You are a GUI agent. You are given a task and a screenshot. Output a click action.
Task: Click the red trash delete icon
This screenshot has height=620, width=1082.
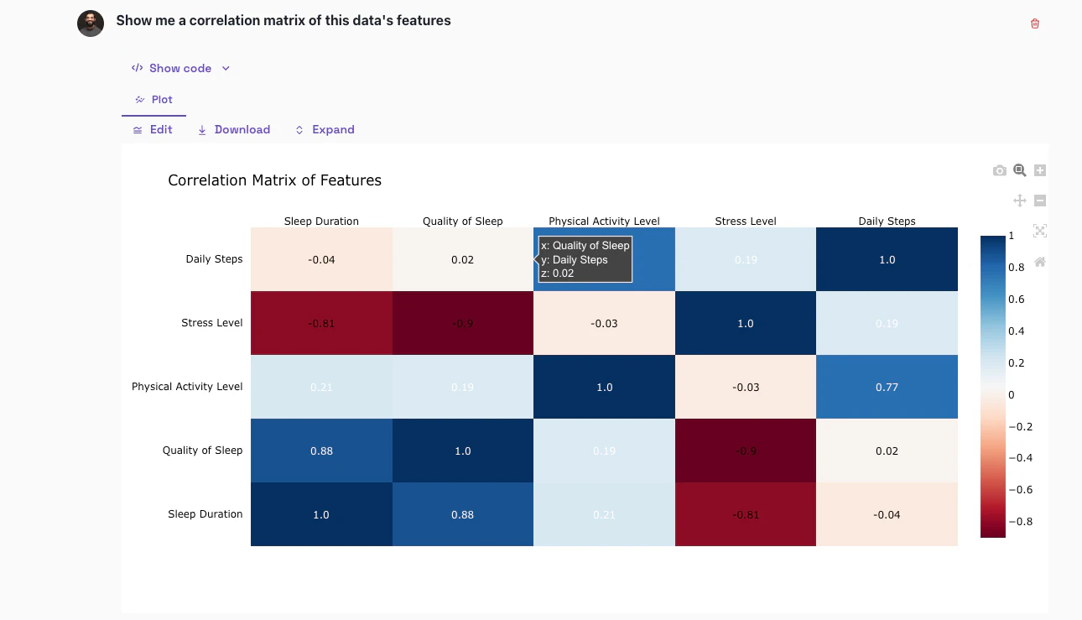[1034, 23]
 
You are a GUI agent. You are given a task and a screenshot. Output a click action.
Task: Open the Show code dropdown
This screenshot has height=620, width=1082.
[179, 68]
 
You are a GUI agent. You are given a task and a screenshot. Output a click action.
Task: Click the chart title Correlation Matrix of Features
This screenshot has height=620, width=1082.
[274, 180]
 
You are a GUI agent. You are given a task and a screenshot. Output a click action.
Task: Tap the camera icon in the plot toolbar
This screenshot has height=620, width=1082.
[999, 171]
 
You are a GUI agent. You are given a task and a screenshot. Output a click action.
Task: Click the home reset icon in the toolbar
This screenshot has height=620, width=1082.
[1040, 262]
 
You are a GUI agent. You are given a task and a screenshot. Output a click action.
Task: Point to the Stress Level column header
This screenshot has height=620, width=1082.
[745, 221]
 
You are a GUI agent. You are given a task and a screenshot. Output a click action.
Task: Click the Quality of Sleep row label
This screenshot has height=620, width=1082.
[202, 451]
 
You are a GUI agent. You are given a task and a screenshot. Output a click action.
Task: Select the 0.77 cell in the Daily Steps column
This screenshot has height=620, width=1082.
[887, 387]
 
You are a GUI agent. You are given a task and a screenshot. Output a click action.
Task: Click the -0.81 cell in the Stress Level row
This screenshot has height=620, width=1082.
[321, 323]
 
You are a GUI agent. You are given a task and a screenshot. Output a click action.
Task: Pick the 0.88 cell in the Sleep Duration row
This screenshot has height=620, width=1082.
[463, 514]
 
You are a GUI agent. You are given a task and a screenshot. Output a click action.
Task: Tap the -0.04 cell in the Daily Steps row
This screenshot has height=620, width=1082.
[321, 259]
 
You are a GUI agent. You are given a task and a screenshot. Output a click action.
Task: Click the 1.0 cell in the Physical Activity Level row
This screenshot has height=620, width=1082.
[604, 387]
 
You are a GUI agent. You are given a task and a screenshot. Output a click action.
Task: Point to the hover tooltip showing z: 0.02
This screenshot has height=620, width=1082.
[585, 259]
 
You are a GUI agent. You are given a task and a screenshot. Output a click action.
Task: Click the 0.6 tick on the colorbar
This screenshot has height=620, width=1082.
[1016, 300]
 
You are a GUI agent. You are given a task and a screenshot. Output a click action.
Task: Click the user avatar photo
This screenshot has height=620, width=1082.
[91, 23]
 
